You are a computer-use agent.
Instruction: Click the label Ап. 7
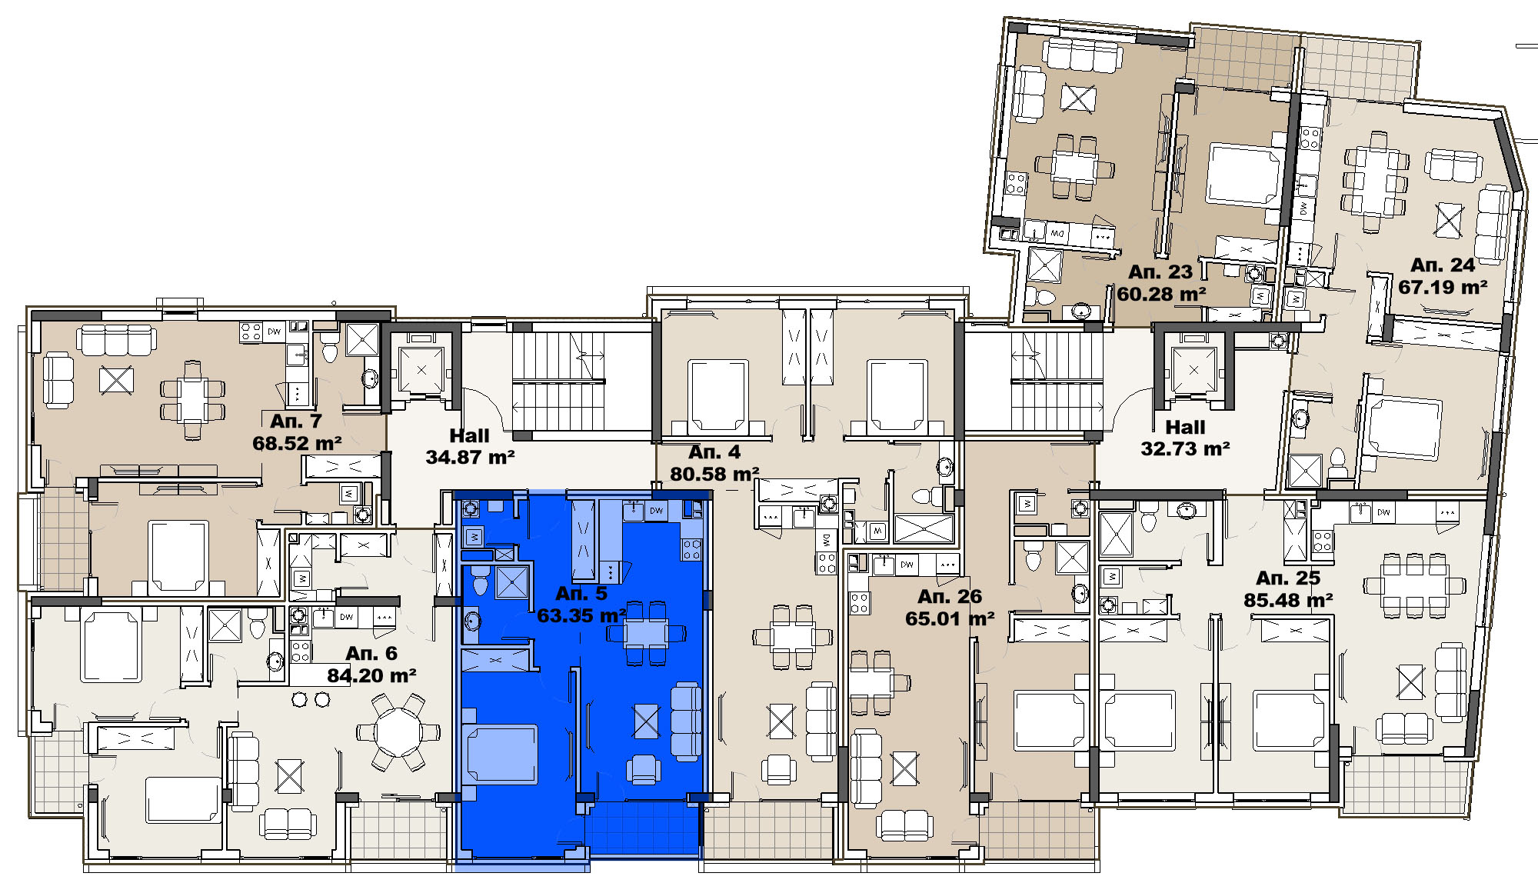pos(296,422)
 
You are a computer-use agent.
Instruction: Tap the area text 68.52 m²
pos(297,444)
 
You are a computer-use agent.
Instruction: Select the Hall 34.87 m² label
pos(470,447)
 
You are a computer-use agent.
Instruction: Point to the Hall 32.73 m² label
pos(1185,438)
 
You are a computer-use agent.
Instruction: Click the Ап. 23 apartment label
pos(1160,272)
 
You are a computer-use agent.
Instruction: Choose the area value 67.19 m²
pos(1443,288)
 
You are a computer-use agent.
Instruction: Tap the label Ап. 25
pos(1288,578)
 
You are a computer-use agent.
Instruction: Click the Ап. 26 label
pos(950,597)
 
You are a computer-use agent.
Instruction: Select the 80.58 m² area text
pos(714,475)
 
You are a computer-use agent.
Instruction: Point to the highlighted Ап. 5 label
pos(581,594)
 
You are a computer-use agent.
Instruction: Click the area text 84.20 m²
pos(371,676)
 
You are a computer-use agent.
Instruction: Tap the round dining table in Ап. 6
pos(398,731)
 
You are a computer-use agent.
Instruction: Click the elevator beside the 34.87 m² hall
pos(421,370)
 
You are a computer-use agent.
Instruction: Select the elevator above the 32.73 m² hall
pos(1193,370)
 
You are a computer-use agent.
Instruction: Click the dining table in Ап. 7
pos(193,401)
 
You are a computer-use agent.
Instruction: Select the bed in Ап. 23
pos(1243,175)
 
